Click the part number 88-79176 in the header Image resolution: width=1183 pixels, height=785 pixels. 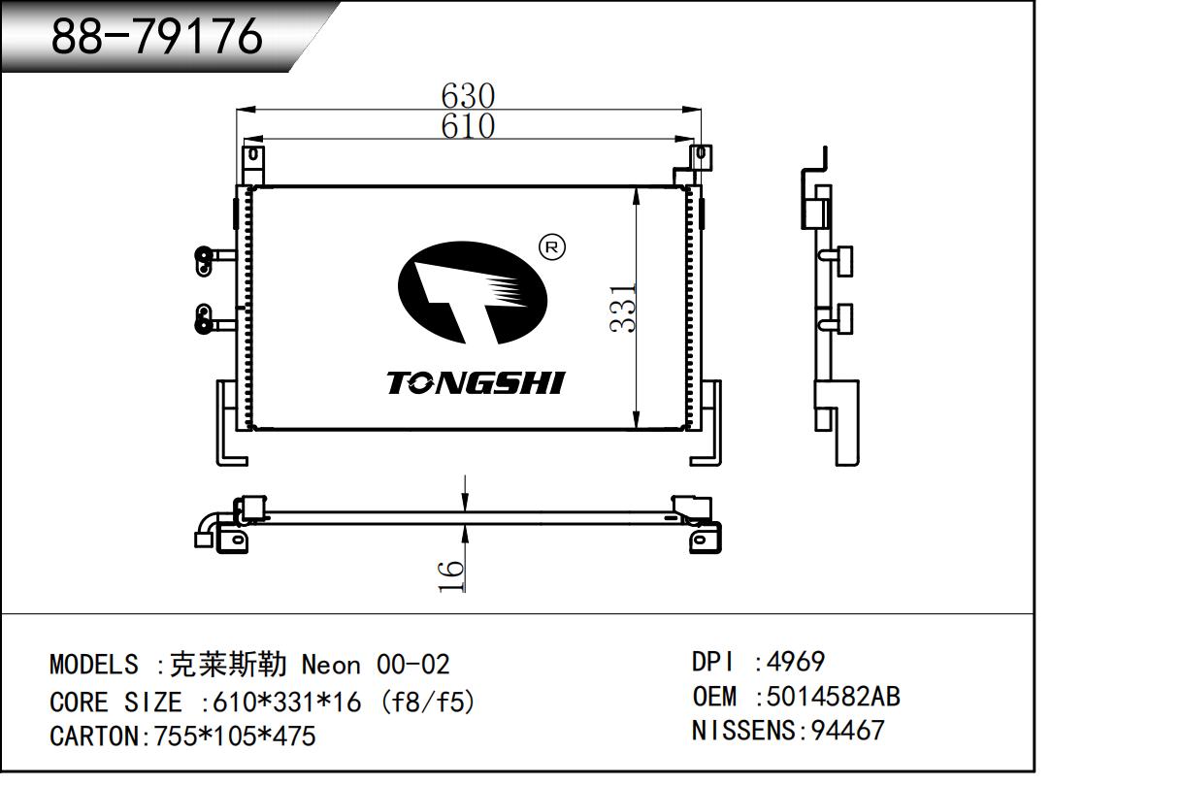[156, 37]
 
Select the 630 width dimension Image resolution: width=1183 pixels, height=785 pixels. [468, 96]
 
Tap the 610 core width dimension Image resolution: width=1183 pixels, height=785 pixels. [468, 126]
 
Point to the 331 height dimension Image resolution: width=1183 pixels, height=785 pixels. [623, 308]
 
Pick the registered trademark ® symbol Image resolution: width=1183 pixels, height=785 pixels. [551, 247]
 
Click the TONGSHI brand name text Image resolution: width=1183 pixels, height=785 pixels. [476, 383]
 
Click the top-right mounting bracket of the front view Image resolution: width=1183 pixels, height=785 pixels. [699, 157]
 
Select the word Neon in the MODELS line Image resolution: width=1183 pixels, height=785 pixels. [331, 665]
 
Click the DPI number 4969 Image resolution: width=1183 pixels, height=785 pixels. [796, 662]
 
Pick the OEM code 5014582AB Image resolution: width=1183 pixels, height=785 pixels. [833, 696]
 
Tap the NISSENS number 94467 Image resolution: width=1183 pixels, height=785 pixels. [841, 730]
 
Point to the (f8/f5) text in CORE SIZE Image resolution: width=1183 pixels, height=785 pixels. [428, 701]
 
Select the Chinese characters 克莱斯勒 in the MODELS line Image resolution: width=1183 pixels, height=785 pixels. [228, 665]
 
